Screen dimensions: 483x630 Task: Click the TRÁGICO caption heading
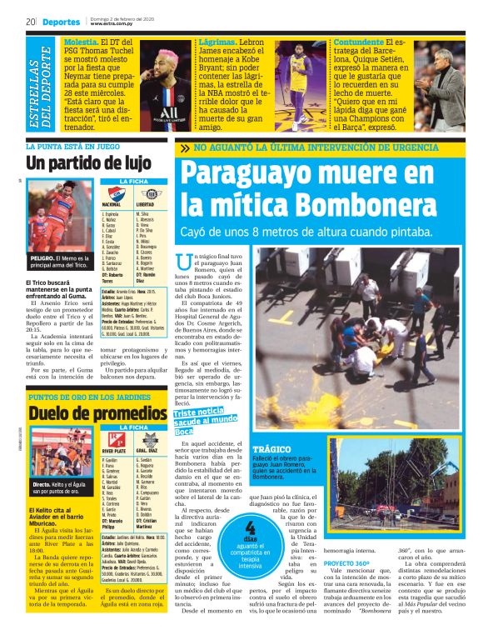[x=271, y=449]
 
